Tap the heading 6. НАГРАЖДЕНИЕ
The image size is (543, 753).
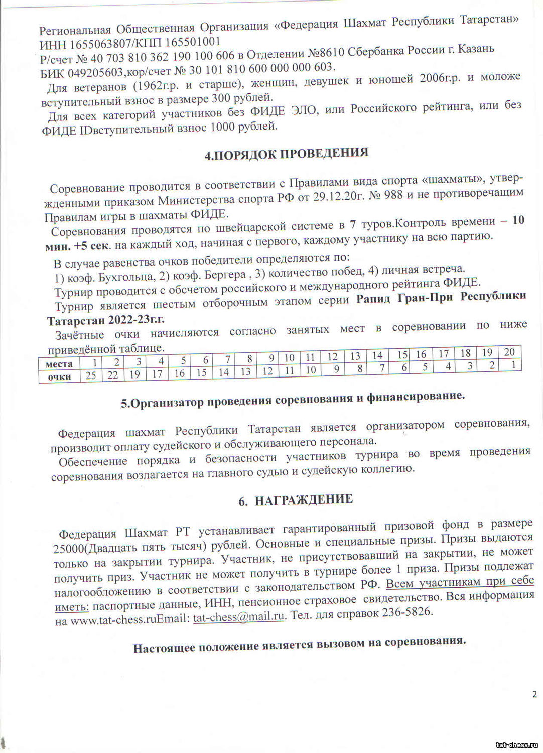tap(296, 500)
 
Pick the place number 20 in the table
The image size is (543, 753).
tap(509, 352)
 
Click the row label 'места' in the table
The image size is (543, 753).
tap(59, 364)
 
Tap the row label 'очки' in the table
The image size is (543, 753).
tap(59, 376)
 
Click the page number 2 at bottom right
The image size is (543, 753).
tap(534, 695)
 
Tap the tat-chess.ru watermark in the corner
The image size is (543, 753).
tap(516, 744)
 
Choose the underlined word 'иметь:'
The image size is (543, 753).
tap(71, 607)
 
